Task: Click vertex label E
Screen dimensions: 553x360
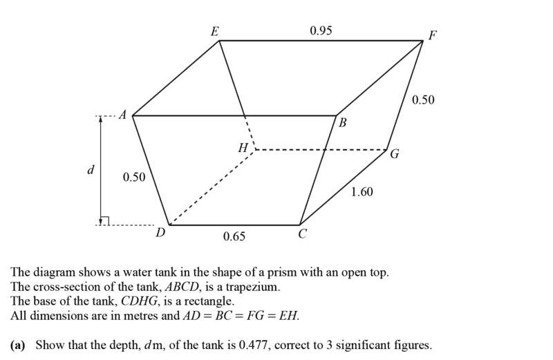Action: (214, 32)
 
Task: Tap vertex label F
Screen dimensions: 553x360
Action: (433, 35)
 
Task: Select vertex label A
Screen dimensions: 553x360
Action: (122, 115)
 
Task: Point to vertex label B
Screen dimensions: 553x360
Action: (342, 123)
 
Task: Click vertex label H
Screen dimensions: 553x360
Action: (243, 147)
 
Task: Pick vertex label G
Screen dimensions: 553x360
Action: (395, 154)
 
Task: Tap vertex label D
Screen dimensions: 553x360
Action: (161, 233)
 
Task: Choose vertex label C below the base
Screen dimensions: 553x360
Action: (302, 234)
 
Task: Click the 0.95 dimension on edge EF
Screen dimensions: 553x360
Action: (321, 30)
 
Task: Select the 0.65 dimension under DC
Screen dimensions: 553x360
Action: (234, 236)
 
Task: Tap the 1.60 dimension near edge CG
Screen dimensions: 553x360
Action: (362, 192)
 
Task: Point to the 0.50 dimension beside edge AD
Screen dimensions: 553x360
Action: (134, 177)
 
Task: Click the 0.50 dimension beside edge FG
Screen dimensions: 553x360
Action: (423, 100)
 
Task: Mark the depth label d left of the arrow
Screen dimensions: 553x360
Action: (91, 170)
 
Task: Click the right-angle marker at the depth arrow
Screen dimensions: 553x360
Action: (105, 220)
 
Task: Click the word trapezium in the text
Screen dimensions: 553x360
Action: (253, 287)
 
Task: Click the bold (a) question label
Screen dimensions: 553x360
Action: (18, 345)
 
